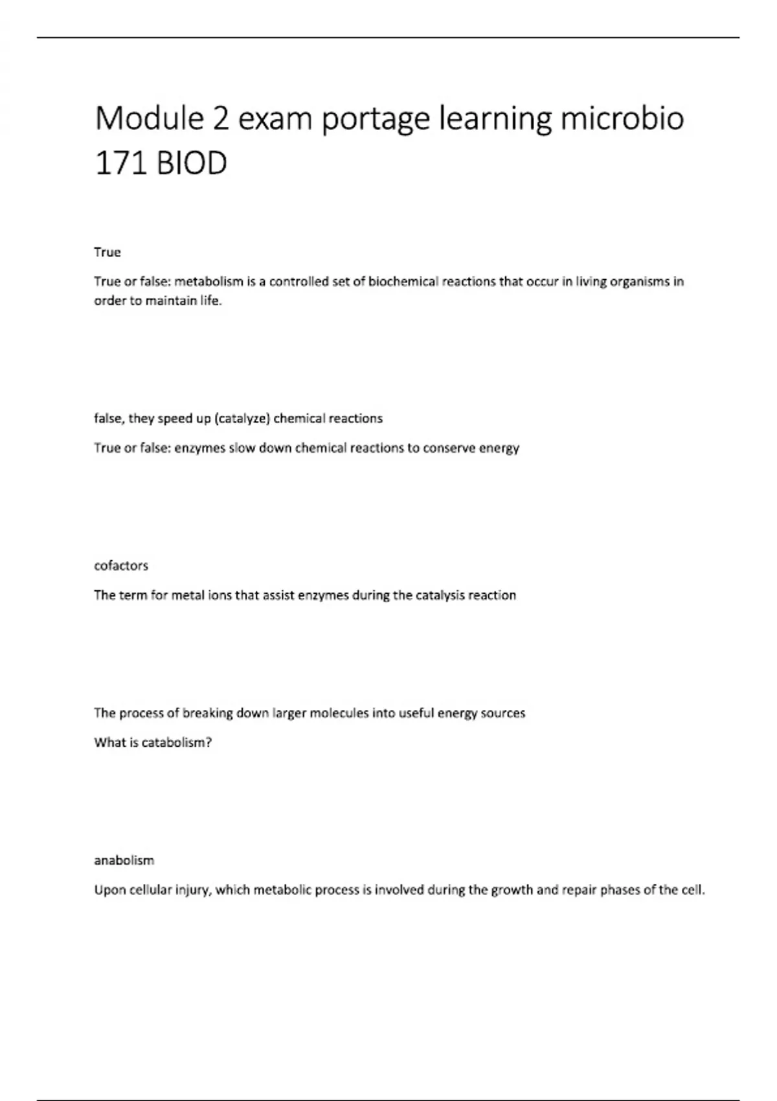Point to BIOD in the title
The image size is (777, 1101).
click(x=192, y=163)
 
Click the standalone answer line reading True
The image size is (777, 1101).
click(x=107, y=252)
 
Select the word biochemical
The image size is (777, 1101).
click(x=404, y=282)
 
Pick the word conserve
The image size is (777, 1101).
click(x=449, y=448)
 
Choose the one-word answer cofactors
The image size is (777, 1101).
click(x=121, y=565)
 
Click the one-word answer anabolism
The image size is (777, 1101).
click(x=124, y=861)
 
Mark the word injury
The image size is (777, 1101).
click(x=192, y=891)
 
